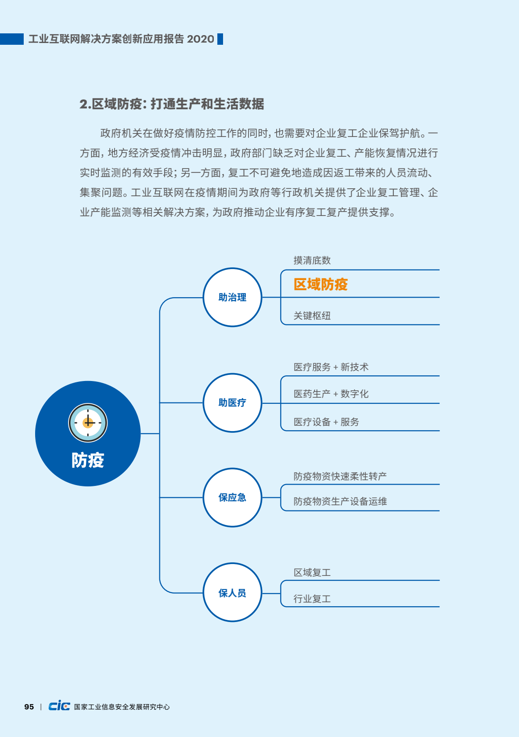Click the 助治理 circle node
(x=232, y=297)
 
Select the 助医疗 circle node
(x=232, y=403)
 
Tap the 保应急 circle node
(x=232, y=497)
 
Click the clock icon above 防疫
(x=88, y=423)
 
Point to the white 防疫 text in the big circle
(x=88, y=460)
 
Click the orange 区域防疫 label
(x=321, y=284)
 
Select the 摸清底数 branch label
(x=312, y=261)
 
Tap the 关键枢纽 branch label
(x=312, y=316)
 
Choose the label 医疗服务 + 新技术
(x=331, y=367)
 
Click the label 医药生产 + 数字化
(x=331, y=394)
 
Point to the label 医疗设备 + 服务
(x=326, y=422)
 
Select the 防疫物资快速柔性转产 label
(x=340, y=476)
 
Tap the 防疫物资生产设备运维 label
(x=340, y=501)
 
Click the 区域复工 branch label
(x=312, y=572)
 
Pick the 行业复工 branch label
(x=312, y=599)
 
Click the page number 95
(x=29, y=707)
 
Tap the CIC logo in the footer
(x=59, y=706)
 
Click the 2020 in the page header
(x=200, y=39)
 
